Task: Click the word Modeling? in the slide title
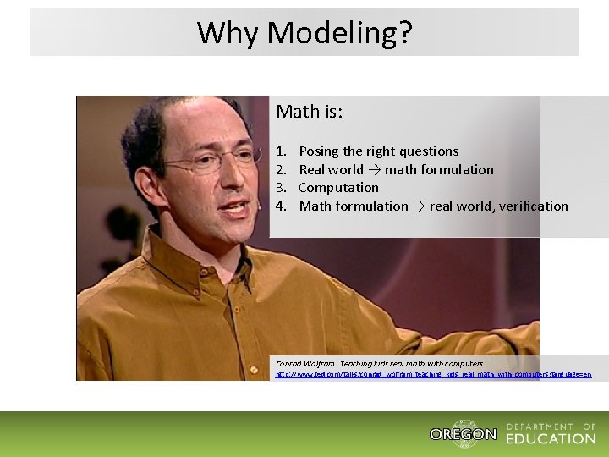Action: tap(340, 33)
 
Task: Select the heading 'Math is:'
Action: tap(310, 112)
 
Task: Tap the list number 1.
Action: tap(281, 151)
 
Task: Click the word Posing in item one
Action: tap(319, 151)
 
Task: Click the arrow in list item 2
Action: tap(373, 170)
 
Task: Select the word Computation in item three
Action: tap(338, 188)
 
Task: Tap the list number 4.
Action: tap(281, 206)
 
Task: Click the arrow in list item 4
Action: tap(418, 206)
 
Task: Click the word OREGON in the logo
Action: tap(463, 434)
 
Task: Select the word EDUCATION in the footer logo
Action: tap(551, 438)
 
